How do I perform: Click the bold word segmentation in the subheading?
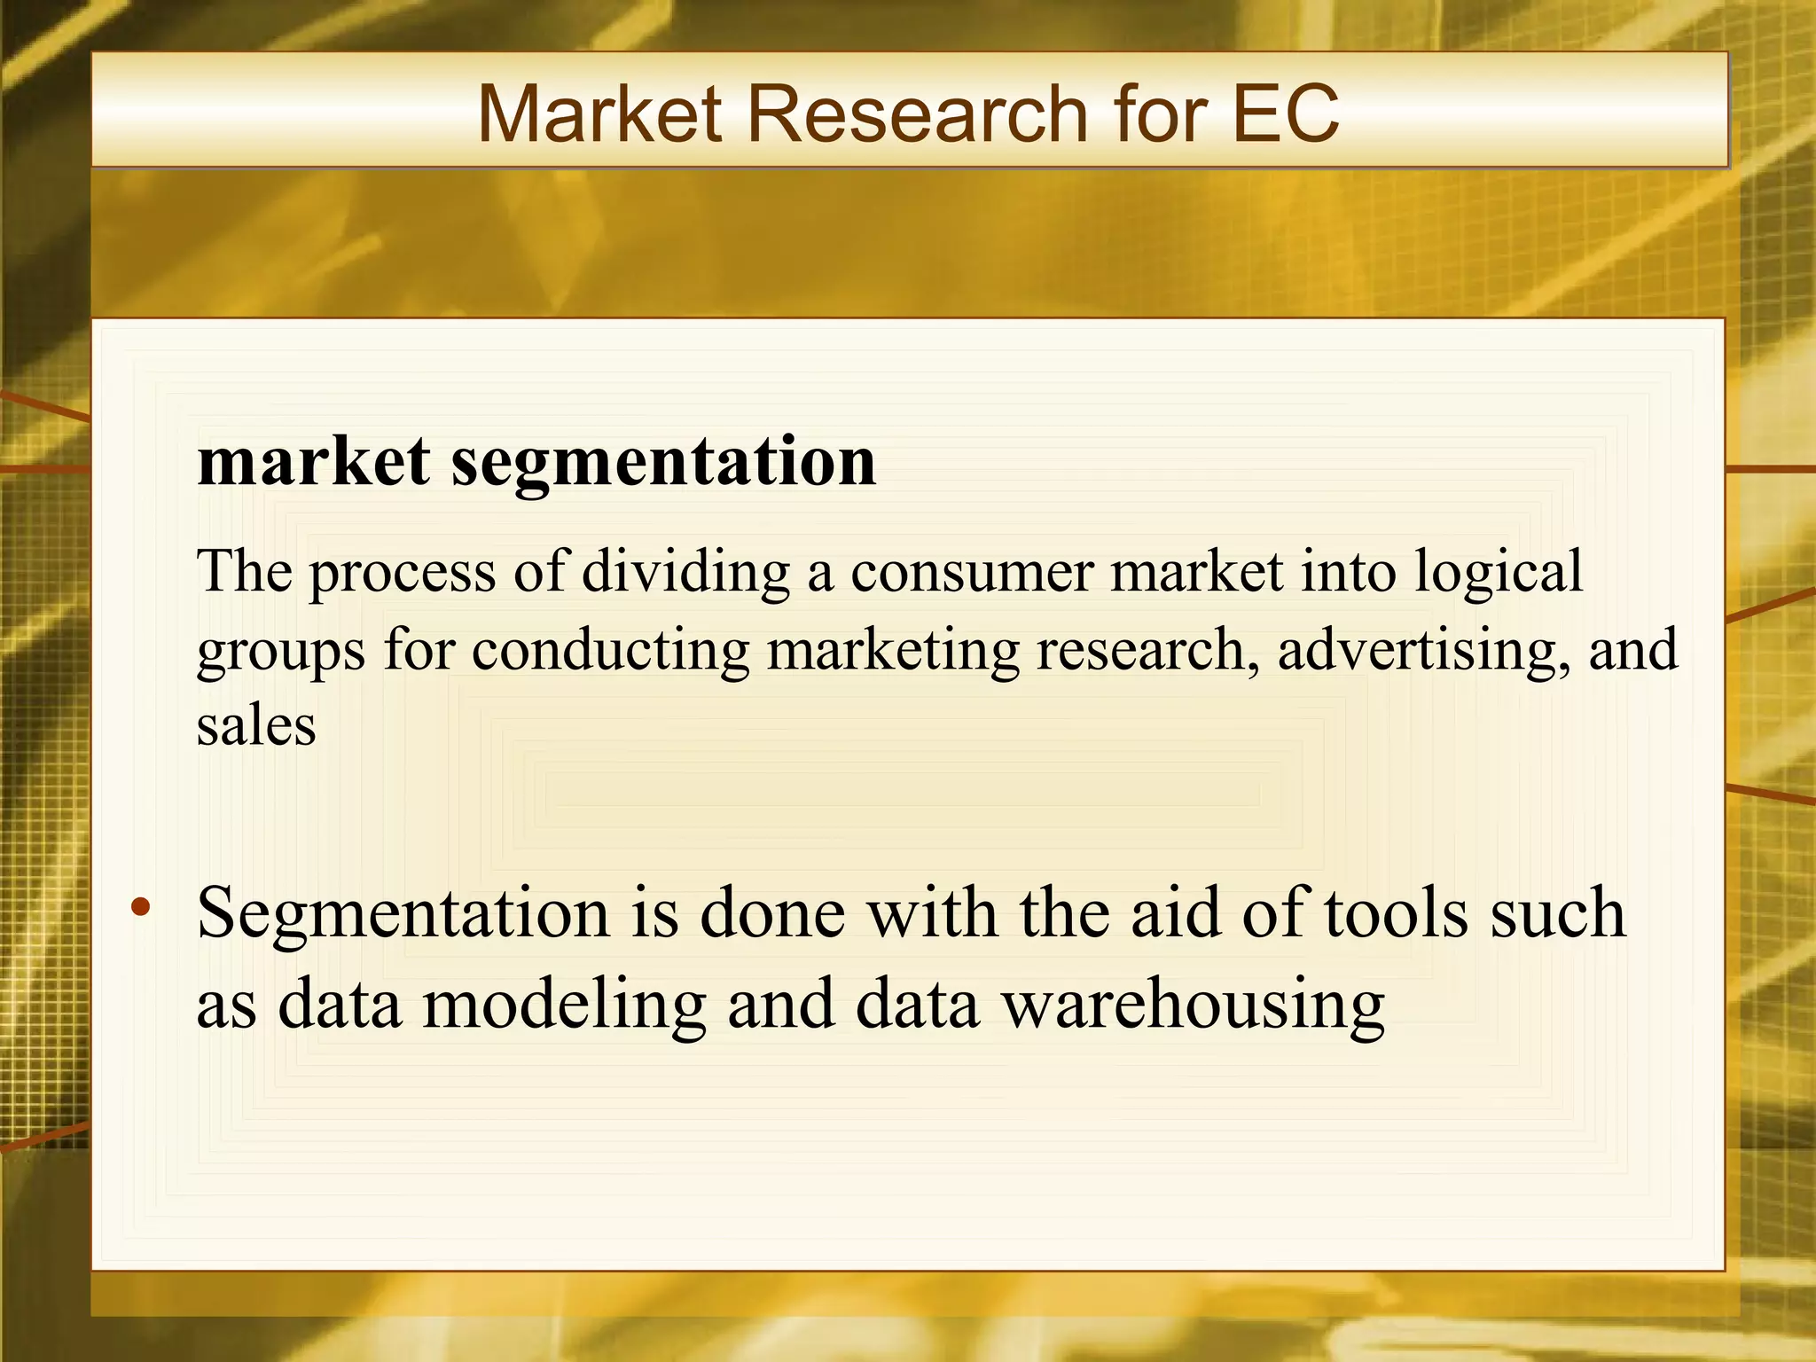(x=663, y=463)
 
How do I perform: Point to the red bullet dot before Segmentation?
(x=140, y=907)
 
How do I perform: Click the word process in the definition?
(x=402, y=573)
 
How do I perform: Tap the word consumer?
(x=971, y=573)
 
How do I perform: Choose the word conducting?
(x=610, y=650)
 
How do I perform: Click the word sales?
(x=256, y=726)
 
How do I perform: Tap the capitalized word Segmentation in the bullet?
(x=403, y=913)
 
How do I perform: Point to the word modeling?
(x=564, y=1006)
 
